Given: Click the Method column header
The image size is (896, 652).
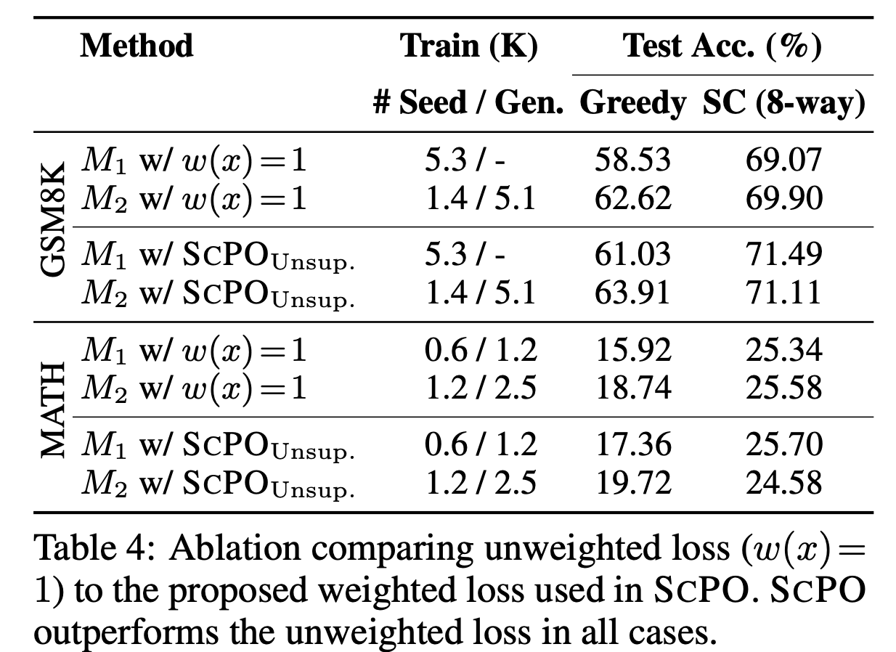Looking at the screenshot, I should pyautogui.click(x=137, y=46).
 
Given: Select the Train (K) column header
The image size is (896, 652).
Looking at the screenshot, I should pyautogui.click(x=469, y=46).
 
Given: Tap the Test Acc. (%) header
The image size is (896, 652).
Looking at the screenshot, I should pyautogui.click(x=722, y=46).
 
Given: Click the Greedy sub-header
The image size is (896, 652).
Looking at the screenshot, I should pyautogui.click(x=632, y=104).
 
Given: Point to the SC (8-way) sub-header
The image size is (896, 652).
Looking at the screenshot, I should pyautogui.click(x=783, y=104).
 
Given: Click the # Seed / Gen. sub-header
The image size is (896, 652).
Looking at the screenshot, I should pyautogui.click(x=469, y=104).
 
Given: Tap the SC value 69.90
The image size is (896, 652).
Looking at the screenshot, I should pyautogui.click(x=783, y=197).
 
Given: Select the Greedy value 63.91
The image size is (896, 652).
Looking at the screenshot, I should pyautogui.click(x=632, y=293).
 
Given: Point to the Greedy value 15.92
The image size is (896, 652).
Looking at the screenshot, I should pyautogui.click(x=632, y=351).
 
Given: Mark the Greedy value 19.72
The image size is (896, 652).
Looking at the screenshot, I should pyautogui.click(x=632, y=483).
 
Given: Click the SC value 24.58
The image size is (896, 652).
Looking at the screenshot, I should pyautogui.click(x=783, y=483).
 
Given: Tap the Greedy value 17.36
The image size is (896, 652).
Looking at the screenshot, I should pyautogui.click(x=632, y=445).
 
